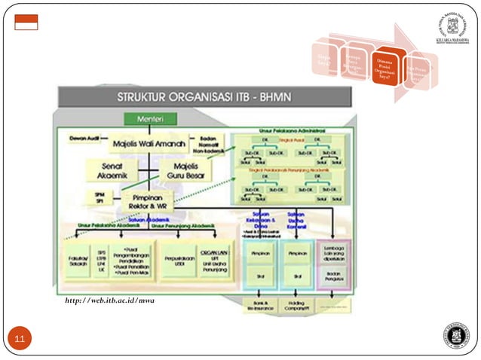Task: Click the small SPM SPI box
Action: pos(100,197)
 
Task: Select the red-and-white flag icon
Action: pos(26,23)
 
